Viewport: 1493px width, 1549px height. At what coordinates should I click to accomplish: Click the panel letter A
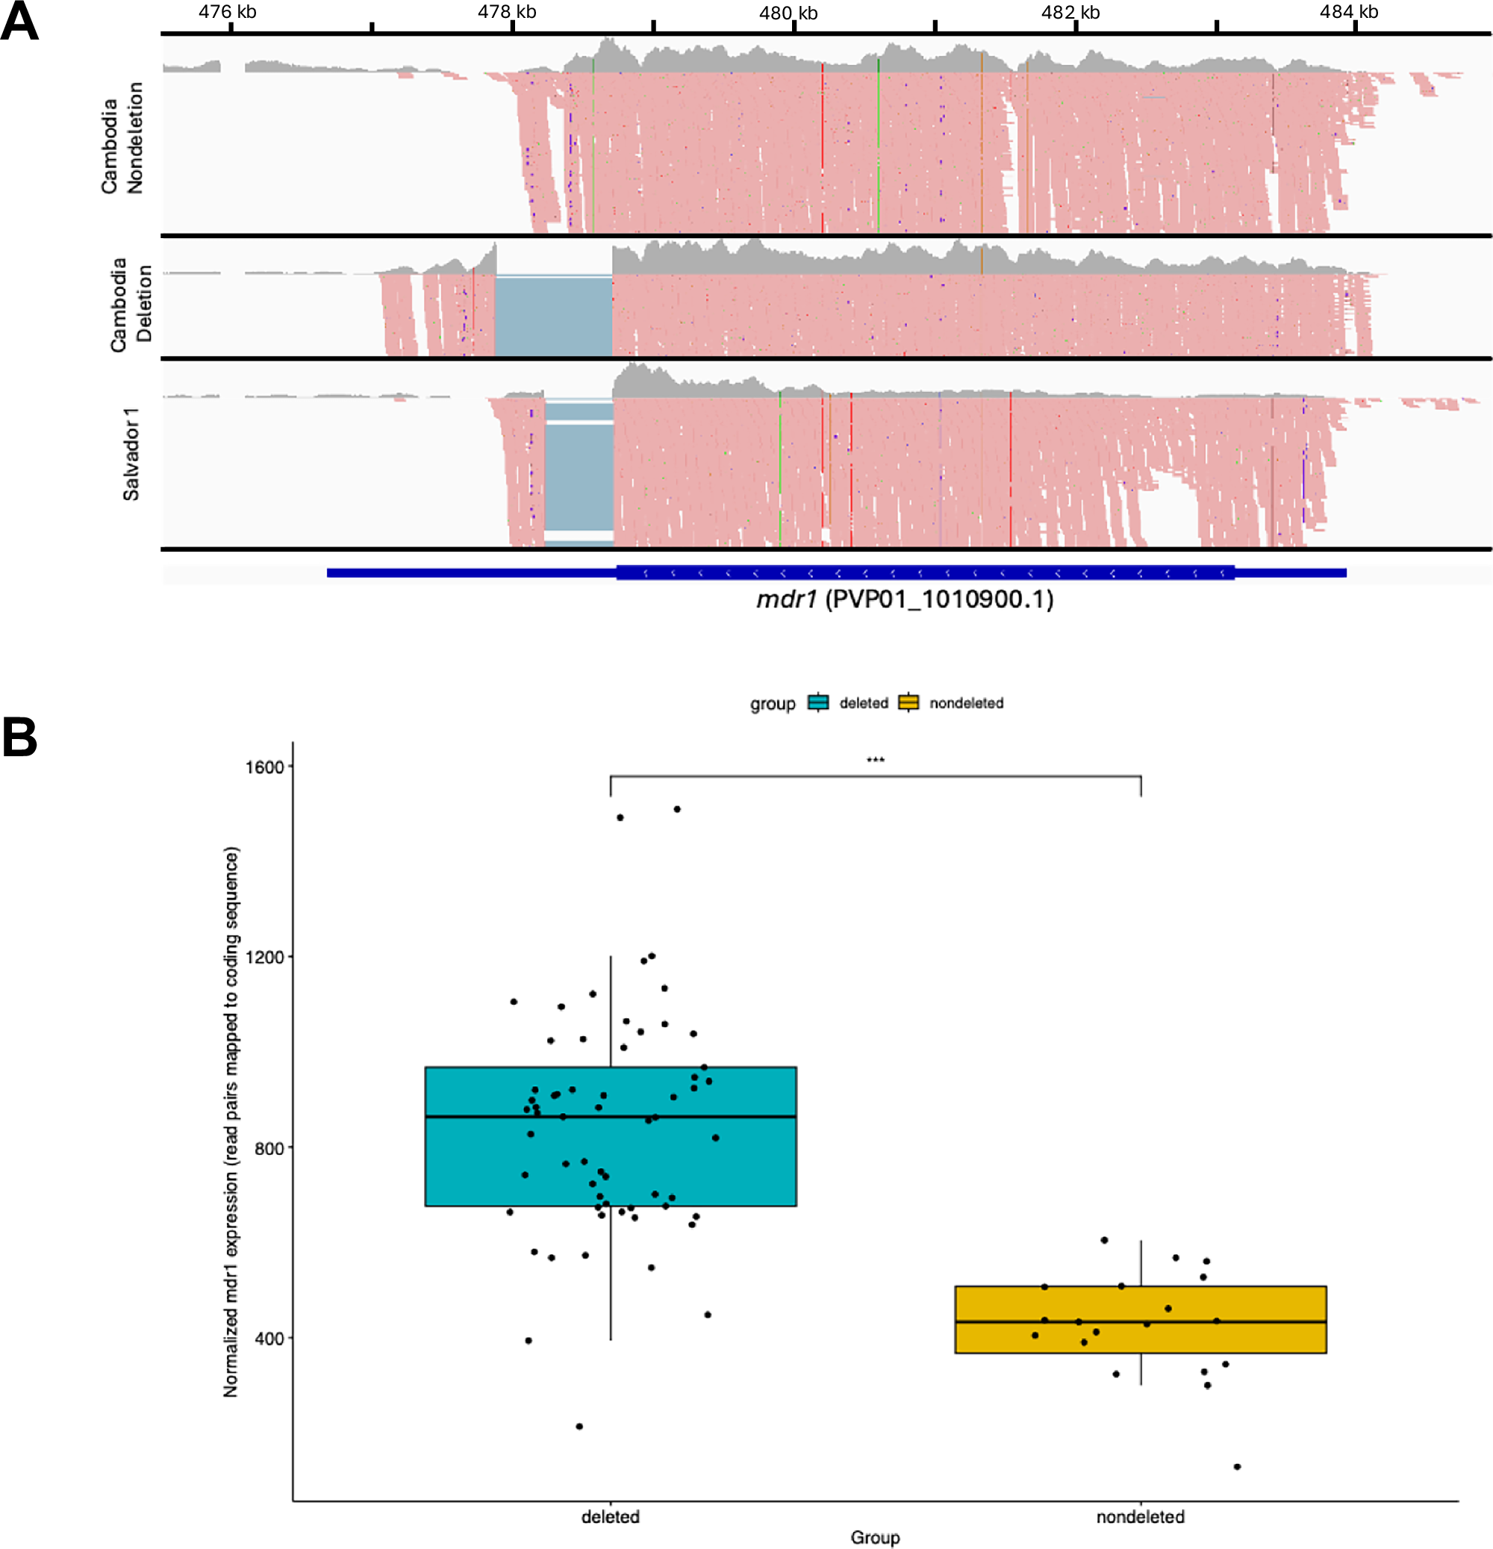(x=19, y=22)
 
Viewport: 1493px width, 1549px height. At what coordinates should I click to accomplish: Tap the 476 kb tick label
(x=228, y=12)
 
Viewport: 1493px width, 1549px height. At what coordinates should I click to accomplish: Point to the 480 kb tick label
(x=788, y=13)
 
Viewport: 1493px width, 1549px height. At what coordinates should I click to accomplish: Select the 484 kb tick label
(x=1348, y=12)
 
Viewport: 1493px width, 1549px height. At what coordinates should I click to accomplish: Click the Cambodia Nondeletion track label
(x=122, y=138)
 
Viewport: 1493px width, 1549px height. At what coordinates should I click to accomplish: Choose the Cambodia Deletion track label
(x=131, y=304)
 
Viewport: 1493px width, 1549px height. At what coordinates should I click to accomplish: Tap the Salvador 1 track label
(x=131, y=454)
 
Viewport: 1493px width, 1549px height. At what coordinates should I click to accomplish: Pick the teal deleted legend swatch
(x=818, y=702)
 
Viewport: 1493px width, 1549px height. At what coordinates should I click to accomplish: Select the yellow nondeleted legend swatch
(x=909, y=702)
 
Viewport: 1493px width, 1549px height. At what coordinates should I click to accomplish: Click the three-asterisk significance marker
(x=875, y=760)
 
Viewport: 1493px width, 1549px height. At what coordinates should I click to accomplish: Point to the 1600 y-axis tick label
(x=264, y=767)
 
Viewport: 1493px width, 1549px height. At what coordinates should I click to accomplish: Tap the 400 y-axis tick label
(x=269, y=1338)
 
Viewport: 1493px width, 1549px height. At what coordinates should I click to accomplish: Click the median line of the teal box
(x=610, y=1117)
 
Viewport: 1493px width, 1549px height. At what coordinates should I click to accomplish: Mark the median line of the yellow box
(x=1140, y=1321)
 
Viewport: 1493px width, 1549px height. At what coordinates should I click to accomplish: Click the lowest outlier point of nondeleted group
(x=1237, y=1467)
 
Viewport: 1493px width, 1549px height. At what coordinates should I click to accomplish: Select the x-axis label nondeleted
(x=1140, y=1517)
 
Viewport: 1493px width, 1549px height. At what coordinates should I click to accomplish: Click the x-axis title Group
(x=875, y=1537)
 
